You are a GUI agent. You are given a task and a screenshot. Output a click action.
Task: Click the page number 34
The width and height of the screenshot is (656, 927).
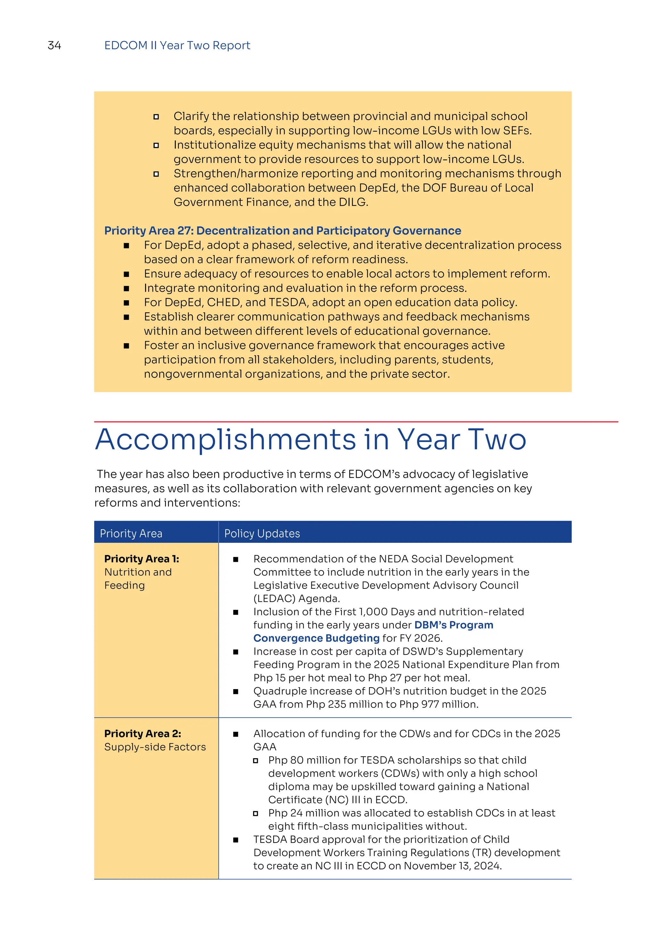(54, 45)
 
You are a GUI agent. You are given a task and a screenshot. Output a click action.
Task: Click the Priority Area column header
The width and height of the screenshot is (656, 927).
(131, 533)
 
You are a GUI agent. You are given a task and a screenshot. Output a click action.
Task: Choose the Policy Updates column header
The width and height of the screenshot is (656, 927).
(262, 533)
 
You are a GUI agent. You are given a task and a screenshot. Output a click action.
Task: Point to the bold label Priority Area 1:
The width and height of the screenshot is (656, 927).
(141, 559)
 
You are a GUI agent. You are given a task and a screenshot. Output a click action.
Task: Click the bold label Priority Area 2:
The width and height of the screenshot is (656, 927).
(142, 734)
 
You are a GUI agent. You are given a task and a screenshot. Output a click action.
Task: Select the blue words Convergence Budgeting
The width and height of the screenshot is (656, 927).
(316, 638)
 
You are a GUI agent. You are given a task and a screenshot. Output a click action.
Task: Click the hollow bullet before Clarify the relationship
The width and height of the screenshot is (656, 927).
(156, 117)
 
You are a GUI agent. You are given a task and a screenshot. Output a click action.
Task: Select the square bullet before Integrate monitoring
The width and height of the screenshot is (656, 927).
(127, 288)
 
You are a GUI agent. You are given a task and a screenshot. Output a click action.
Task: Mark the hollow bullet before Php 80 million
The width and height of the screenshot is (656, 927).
(255, 761)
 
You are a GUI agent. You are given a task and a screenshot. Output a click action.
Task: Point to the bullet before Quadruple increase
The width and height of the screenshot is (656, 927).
(235, 692)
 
